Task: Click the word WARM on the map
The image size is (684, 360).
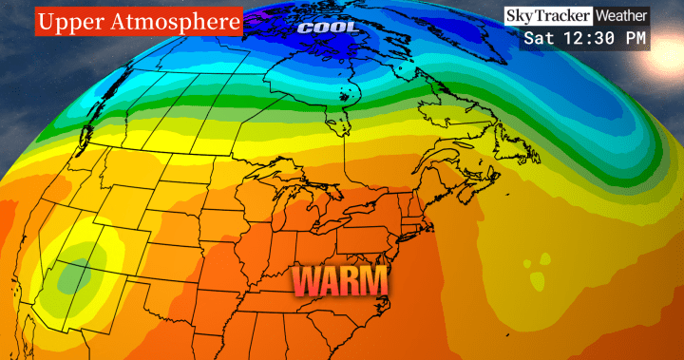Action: (x=339, y=281)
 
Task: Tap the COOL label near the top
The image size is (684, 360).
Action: (x=331, y=28)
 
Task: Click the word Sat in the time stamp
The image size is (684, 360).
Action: (x=539, y=39)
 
